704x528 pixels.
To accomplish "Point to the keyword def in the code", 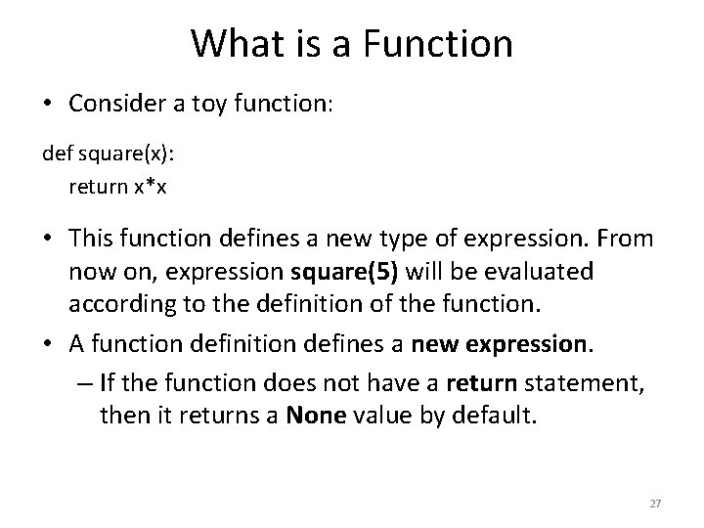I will [55, 154].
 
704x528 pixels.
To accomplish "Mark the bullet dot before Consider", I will [49, 105].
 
